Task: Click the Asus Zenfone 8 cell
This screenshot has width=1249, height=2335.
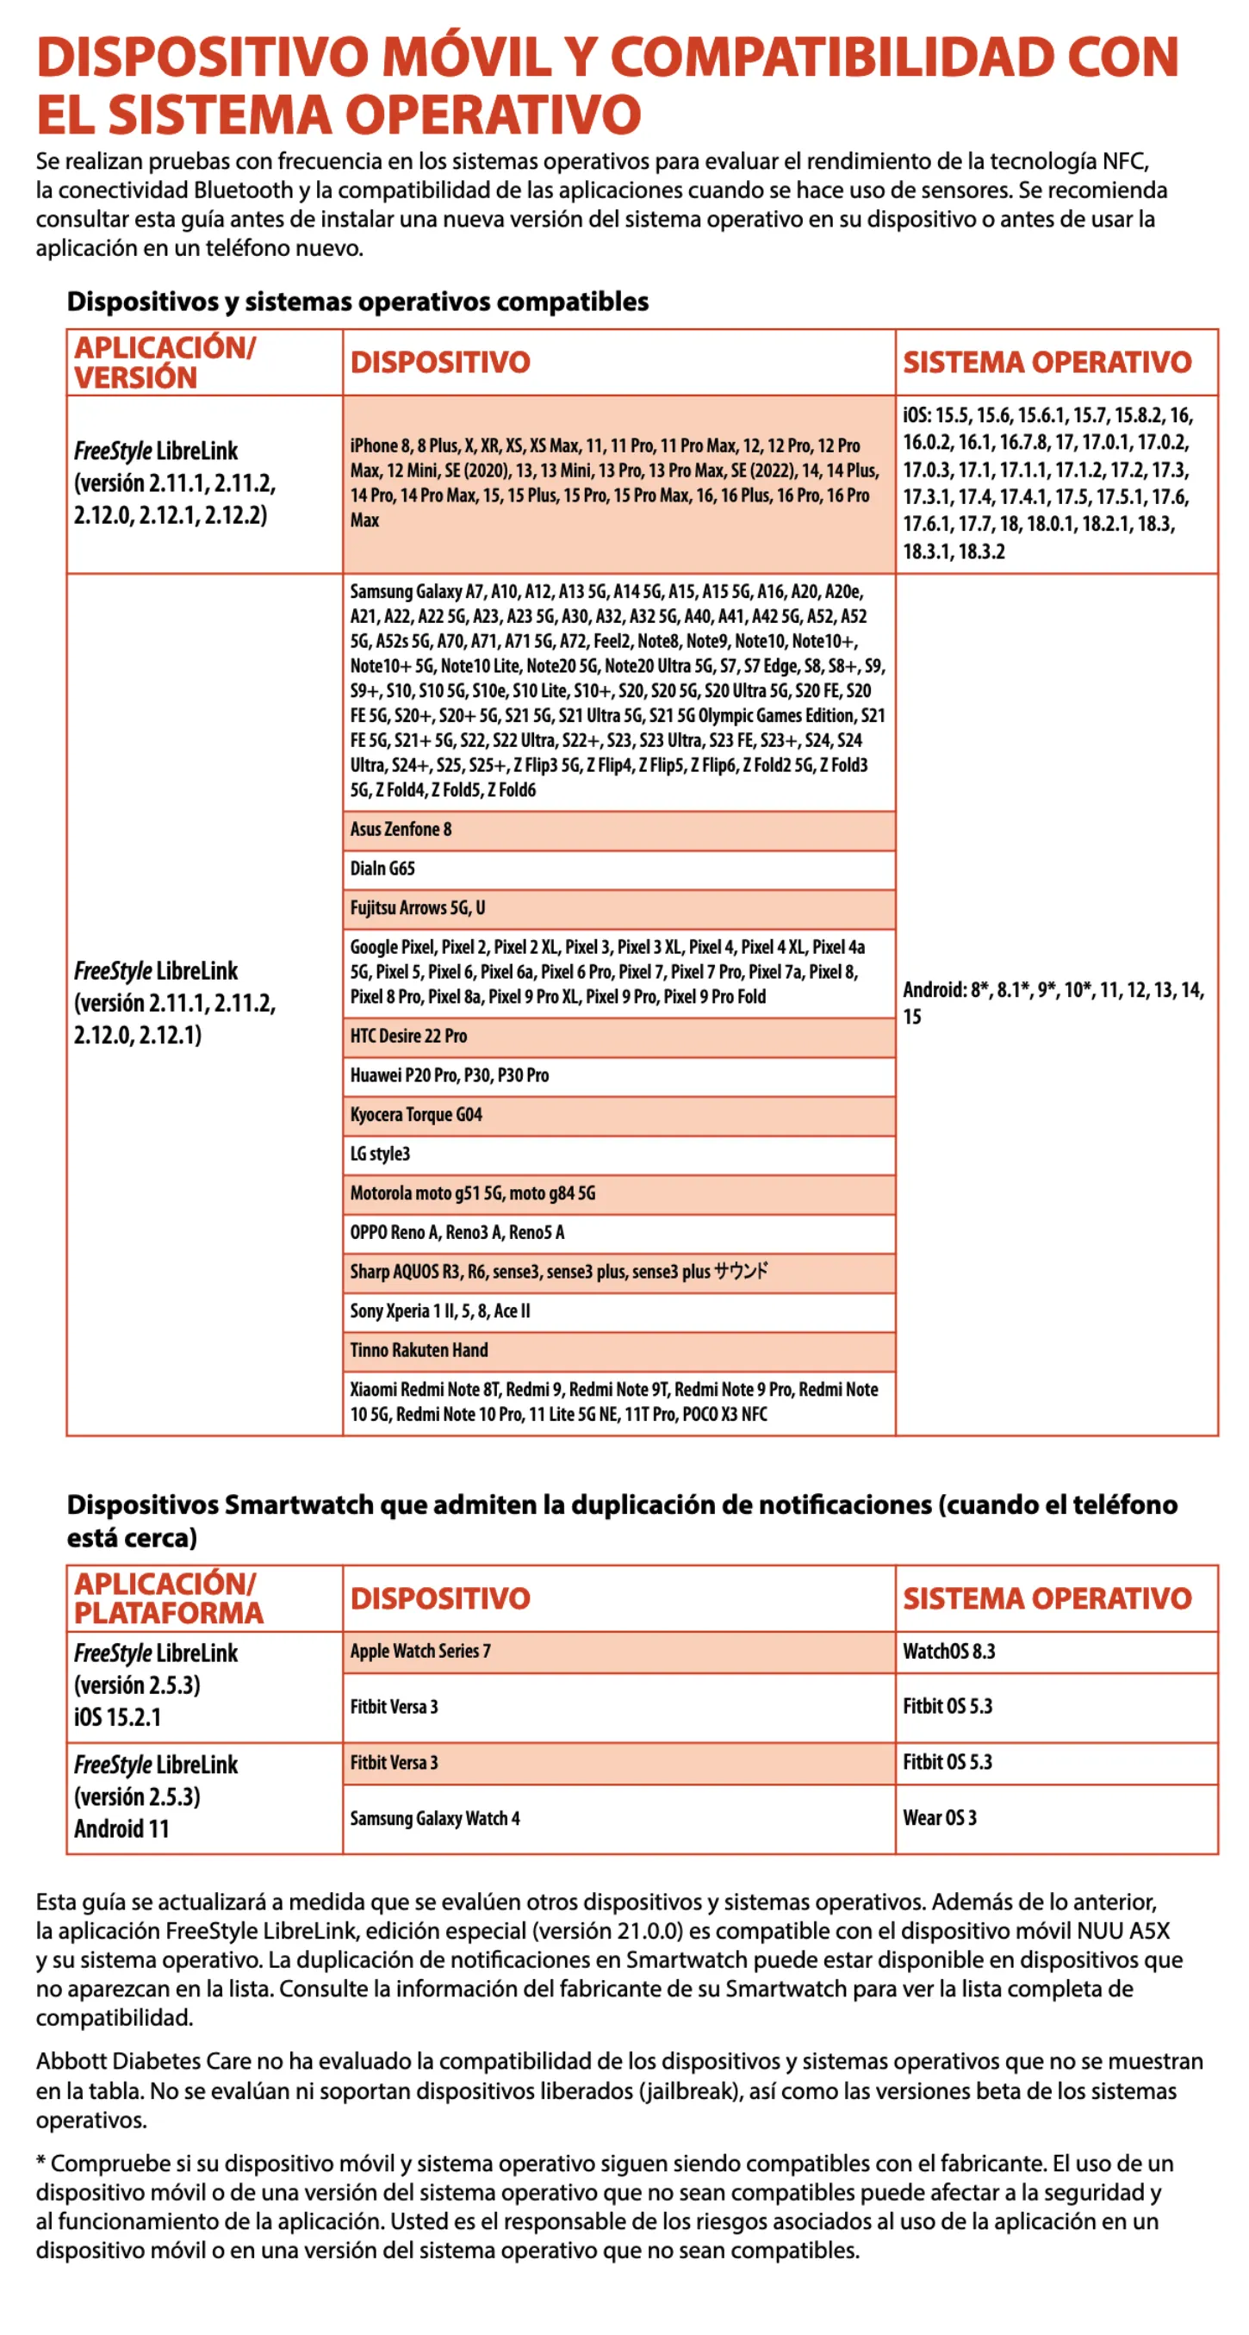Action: tap(401, 830)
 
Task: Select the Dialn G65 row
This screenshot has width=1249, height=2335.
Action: tap(382, 869)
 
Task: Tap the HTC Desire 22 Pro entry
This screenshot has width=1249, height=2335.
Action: tap(409, 1036)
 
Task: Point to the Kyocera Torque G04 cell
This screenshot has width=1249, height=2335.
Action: tap(416, 1115)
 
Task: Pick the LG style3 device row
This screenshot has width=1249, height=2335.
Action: tap(380, 1154)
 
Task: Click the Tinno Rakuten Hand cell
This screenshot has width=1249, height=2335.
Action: tap(419, 1351)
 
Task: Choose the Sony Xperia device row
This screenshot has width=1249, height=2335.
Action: tap(439, 1311)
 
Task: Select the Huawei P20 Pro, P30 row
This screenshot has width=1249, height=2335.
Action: tap(450, 1076)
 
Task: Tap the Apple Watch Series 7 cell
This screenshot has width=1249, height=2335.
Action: tap(420, 1652)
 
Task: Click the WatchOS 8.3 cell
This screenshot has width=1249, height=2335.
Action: tap(948, 1652)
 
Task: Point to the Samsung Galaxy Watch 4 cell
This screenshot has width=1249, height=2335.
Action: tap(435, 1818)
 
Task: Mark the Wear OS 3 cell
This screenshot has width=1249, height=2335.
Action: tap(939, 1818)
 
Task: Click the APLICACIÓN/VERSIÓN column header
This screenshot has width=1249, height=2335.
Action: tap(165, 363)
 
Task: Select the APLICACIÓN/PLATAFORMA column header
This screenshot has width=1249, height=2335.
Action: tap(169, 1598)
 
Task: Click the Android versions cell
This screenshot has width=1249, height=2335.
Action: tap(1053, 1004)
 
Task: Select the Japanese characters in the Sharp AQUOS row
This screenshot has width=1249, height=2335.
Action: tap(741, 1272)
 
